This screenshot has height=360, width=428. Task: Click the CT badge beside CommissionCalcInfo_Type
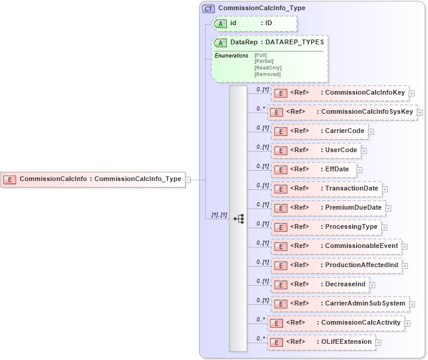[208, 8]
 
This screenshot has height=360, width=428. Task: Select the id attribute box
[255, 23]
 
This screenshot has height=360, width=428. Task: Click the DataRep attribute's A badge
[221, 43]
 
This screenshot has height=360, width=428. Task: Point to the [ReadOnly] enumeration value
[268, 68]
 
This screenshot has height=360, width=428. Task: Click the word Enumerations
[231, 56]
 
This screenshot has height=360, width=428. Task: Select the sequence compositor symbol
[238, 219]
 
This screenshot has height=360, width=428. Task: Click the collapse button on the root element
[188, 179]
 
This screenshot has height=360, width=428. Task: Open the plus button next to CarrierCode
[371, 131]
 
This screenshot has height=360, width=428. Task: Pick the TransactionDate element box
[326, 189]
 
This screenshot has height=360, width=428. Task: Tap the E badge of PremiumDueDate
[280, 208]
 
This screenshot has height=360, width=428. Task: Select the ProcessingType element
[326, 227]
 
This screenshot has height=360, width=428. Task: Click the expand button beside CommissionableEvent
[405, 246]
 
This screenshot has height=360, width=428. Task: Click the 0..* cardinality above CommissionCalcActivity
[260, 319]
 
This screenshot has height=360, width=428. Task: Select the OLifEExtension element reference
[321, 342]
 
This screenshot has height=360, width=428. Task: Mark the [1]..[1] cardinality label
[220, 214]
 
